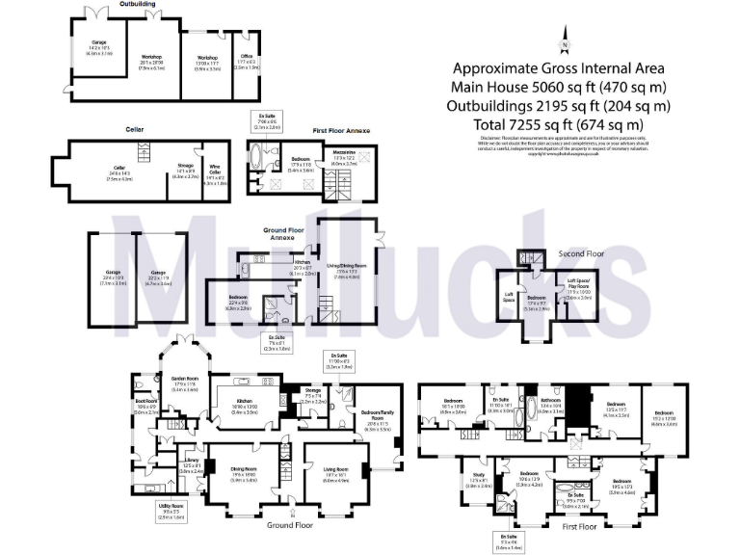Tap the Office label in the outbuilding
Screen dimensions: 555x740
click(x=246, y=63)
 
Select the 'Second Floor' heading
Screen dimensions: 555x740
click(x=581, y=254)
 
